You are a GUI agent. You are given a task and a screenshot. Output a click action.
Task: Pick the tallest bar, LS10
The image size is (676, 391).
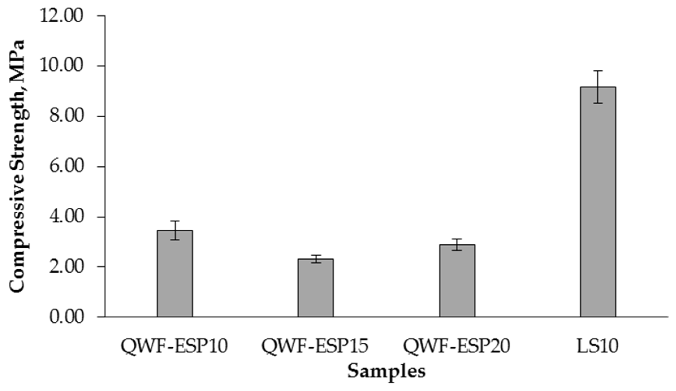pos(598,202)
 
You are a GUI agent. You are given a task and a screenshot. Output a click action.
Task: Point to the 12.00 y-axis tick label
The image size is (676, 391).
pos(62,16)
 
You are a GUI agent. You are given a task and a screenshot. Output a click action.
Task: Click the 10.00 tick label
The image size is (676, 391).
pos(62,67)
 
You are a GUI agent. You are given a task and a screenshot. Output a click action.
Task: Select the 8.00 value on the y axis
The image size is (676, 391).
pos(67,117)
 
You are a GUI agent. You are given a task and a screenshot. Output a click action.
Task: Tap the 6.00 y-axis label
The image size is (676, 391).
pos(67,167)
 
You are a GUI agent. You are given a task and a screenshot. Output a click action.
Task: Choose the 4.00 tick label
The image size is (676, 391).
pos(67,217)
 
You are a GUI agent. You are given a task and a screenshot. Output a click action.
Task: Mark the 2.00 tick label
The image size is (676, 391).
pos(67,267)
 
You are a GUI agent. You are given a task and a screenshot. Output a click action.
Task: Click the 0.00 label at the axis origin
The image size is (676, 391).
pos(67,317)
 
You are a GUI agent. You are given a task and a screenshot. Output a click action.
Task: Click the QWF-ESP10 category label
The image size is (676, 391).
pos(174,346)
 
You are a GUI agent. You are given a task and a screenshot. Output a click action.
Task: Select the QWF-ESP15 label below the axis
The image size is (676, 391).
pos(315,346)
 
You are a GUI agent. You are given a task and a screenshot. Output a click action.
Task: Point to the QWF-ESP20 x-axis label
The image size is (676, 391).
pos(456,346)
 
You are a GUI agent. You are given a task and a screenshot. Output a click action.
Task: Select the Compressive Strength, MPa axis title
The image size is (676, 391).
pos(18,167)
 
